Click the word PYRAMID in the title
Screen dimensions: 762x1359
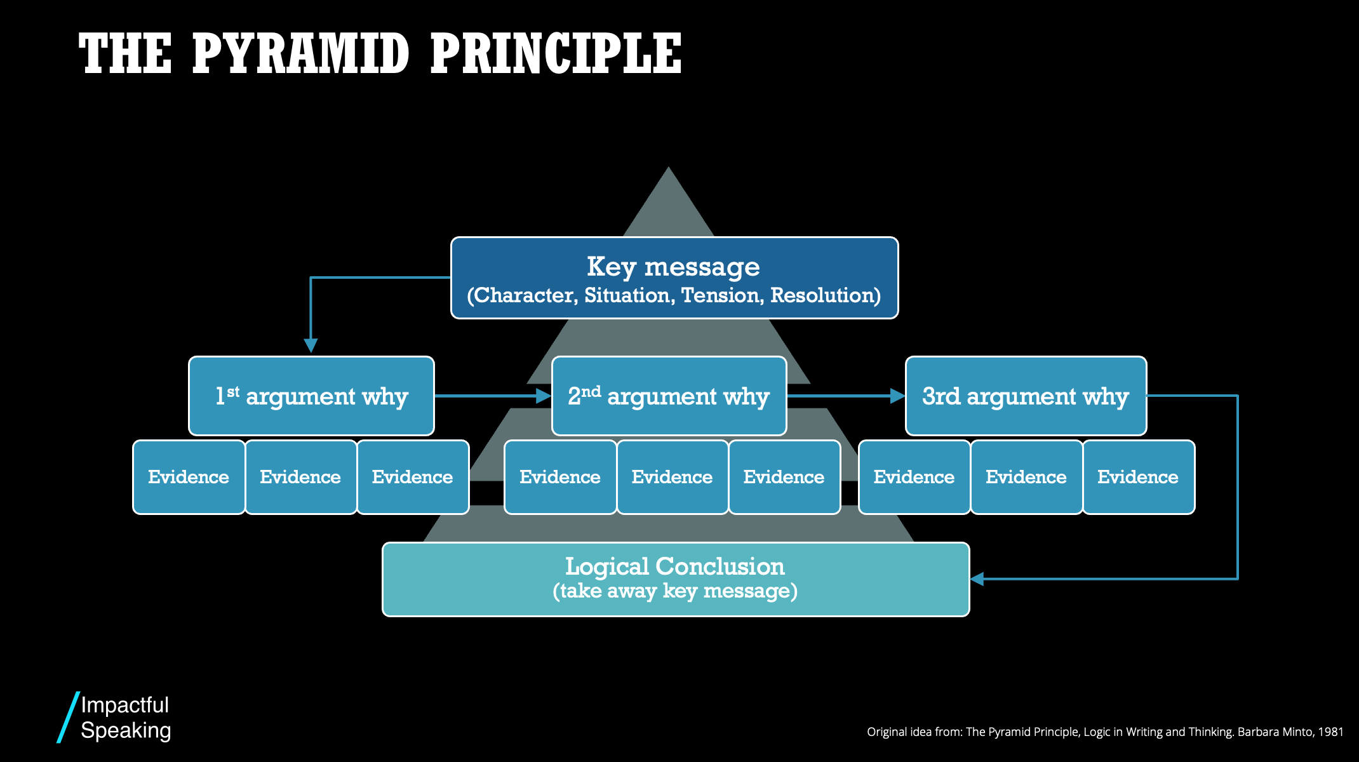pyautogui.click(x=300, y=54)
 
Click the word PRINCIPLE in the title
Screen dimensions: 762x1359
pyautogui.click(x=556, y=54)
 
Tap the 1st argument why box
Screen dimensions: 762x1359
pyautogui.click(x=311, y=396)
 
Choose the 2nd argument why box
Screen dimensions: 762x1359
pyautogui.click(x=669, y=396)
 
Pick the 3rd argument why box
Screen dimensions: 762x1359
pyautogui.click(x=1026, y=396)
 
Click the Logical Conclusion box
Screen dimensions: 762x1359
pyautogui.click(x=675, y=578)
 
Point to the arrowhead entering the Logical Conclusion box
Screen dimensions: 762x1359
pyautogui.click(x=978, y=578)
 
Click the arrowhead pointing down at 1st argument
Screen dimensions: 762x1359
pyautogui.click(x=311, y=345)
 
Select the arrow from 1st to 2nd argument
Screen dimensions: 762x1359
pyautogui.click(x=489, y=396)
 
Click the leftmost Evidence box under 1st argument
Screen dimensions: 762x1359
pyautogui.click(x=189, y=477)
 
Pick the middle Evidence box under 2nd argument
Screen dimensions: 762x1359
pyautogui.click(x=672, y=477)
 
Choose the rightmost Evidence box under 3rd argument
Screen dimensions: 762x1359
pyautogui.click(x=1138, y=477)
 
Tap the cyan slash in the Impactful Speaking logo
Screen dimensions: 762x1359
pyautogui.click(x=68, y=718)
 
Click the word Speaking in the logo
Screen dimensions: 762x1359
pyautogui.click(x=126, y=731)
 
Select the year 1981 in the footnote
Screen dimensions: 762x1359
pyautogui.click(x=1330, y=732)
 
